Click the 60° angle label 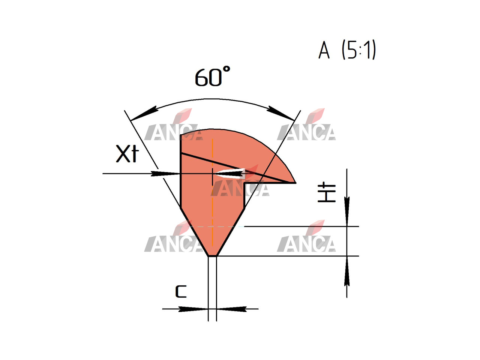click(212, 76)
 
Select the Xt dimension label click(127, 154)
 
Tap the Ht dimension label click(327, 193)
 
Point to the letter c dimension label click(181, 292)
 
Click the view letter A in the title click(324, 50)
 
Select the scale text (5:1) click(359, 50)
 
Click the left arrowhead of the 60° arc click(144, 114)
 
